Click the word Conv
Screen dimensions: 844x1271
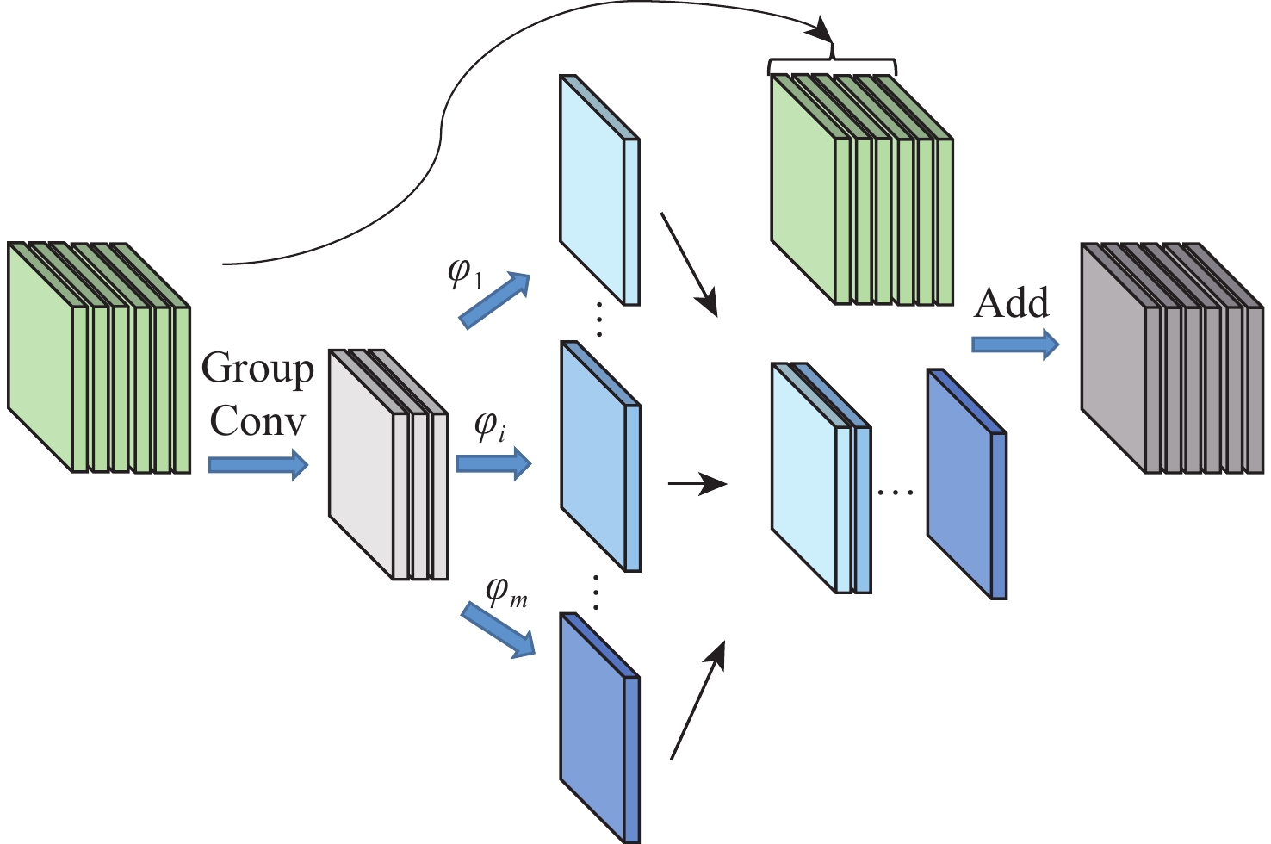(257, 421)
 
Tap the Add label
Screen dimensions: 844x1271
(1012, 303)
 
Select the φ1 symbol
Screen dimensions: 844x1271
(465, 274)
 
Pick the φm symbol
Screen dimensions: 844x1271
(506, 592)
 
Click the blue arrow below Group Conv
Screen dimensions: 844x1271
(258, 465)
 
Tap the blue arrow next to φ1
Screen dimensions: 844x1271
(494, 300)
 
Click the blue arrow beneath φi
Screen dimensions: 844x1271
(493, 464)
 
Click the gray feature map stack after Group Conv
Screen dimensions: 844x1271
(387, 465)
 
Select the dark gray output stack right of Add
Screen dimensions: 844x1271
(1171, 357)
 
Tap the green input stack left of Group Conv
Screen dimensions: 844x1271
(98, 357)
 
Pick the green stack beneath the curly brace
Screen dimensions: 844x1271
(861, 189)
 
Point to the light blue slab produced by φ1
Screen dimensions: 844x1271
(599, 190)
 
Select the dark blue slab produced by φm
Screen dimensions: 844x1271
(599, 728)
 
